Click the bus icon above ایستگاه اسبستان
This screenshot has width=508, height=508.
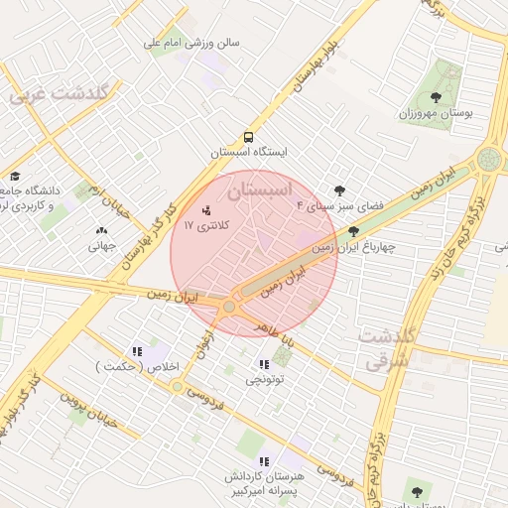247,138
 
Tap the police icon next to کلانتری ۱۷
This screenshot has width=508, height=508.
207,210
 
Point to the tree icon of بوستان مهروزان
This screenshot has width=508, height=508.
437,96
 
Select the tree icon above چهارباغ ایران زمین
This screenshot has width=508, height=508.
354,231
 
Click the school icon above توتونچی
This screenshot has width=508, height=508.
264,364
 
